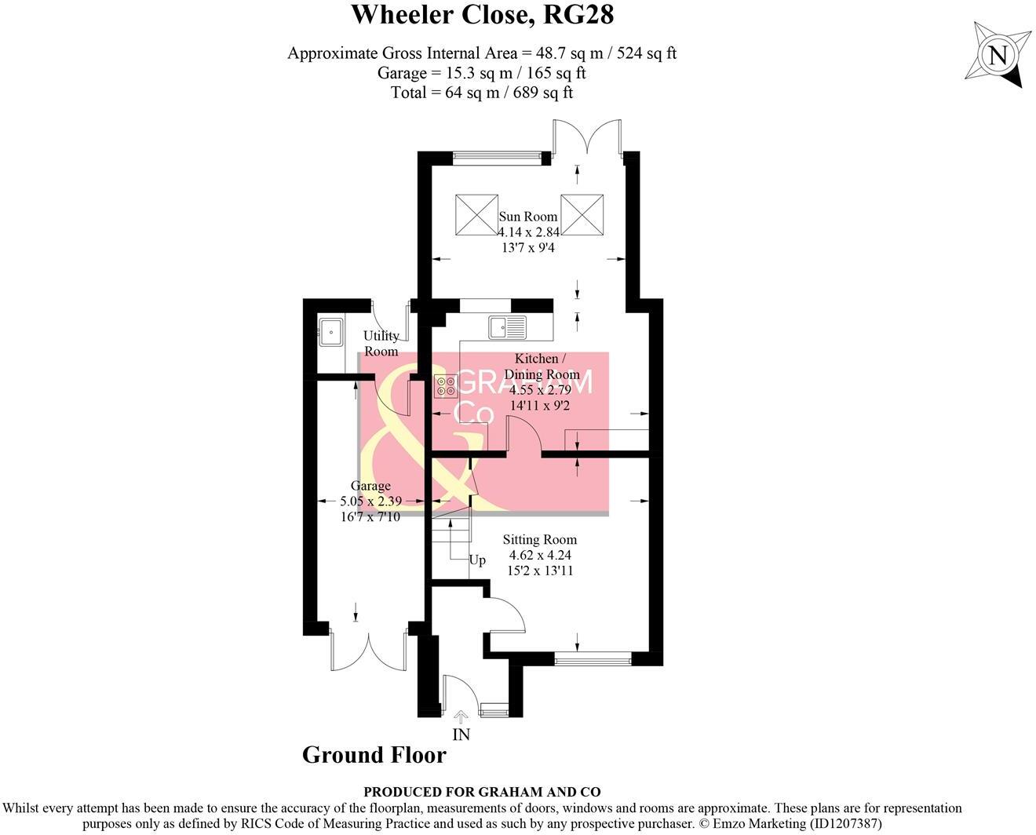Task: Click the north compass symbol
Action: (998, 56)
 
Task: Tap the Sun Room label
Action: (528, 217)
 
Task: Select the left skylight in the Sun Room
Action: (476, 212)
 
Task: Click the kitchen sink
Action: (509, 326)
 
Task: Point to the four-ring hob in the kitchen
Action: (447, 385)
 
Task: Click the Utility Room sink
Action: (330, 332)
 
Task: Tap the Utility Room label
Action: (381, 344)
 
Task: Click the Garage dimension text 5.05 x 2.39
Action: (370, 501)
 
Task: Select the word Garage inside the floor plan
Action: (370, 487)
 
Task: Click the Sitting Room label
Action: (539, 540)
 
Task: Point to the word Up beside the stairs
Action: (477, 560)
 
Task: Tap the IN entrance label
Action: (461, 735)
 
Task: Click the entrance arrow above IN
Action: (461, 716)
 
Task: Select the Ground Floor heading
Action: (374, 755)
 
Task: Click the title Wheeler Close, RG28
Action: (482, 15)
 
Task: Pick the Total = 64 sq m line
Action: (482, 93)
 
